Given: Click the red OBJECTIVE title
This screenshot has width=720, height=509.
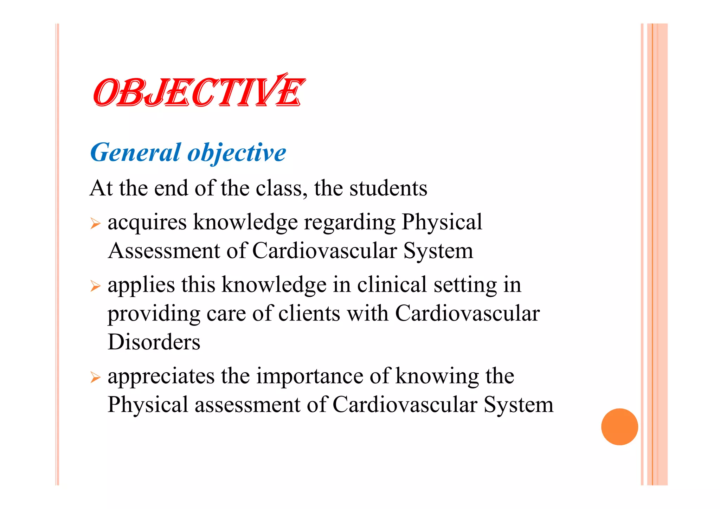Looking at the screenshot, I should (199, 92).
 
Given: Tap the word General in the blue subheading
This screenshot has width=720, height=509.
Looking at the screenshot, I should (135, 153).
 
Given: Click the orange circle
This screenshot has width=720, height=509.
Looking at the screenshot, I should (619, 427).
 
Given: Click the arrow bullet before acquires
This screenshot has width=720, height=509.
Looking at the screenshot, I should (95, 224).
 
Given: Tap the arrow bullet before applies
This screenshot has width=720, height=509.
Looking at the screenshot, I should (95, 286).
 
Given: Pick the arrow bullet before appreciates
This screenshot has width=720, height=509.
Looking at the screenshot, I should (95, 378).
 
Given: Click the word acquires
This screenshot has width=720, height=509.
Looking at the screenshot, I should (147, 223).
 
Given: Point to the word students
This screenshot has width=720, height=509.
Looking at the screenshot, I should (388, 188).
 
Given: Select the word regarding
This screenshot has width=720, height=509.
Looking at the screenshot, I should (349, 223).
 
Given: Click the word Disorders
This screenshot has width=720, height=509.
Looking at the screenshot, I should (154, 342).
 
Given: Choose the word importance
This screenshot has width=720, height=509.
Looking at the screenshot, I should (310, 376).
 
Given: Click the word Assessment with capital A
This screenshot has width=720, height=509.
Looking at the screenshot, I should (164, 251).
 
